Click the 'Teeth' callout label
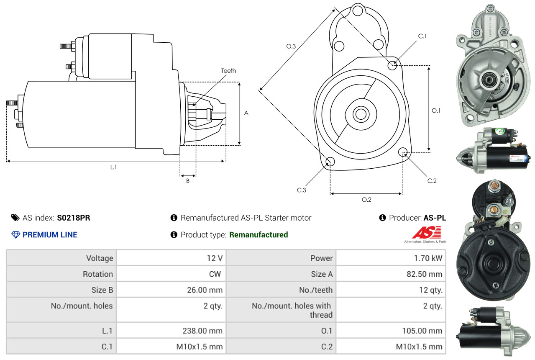coord(228,71)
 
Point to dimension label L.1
coord(113,167)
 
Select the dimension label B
coord(188,181)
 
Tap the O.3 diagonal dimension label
coord(291,46)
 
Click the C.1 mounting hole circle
coord(392,65)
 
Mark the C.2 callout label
coord(432,181)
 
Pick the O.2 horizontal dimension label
coord(366,200)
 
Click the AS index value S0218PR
coord(74,218)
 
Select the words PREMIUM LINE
coord(50,235)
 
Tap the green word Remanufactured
coord(259,235)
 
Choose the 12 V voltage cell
coord(215,258)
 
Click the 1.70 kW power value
coord(428,258)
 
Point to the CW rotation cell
coord(216,274)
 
